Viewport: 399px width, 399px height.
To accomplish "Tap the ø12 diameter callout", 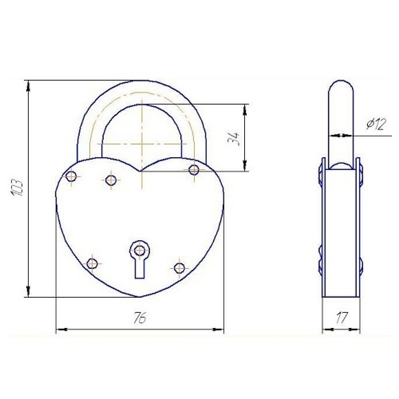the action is pyautogui.click(x=376, y=124).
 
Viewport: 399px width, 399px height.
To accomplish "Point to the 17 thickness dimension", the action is pyautogui.click(x=342, y=318).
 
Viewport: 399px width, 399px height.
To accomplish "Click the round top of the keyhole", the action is pyautogui.click(x=139, y=250).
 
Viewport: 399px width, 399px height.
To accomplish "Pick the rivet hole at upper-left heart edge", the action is pyautogui.click(x=71, y=176).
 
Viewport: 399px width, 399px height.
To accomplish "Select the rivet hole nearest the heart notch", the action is pyautogui.click(x=111, y=180).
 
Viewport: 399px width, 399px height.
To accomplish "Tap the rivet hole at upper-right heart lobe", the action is pyautogui.click(x=194, y=170).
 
